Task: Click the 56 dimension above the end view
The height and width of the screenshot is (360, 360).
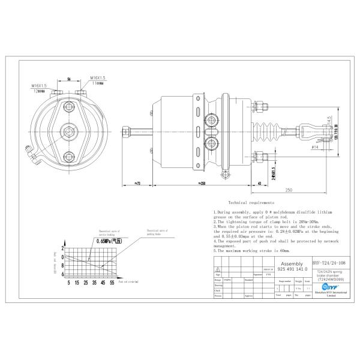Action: pos(69,78)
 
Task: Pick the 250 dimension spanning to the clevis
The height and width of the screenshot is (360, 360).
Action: pos(288,190)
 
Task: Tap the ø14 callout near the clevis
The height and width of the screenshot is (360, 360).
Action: pos(314,146)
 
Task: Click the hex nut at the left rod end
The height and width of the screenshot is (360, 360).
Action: pos(127,131)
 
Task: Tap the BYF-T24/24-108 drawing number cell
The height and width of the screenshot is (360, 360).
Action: pos(330,262)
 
